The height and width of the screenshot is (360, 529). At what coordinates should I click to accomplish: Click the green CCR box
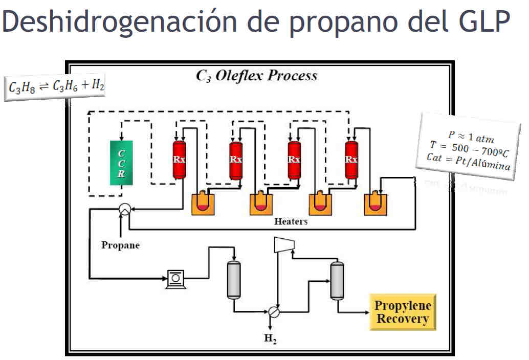pyautogui.click(x=121, y=163)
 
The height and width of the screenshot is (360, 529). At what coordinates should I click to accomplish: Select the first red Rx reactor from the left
pyautogui.click(x=179, y=160)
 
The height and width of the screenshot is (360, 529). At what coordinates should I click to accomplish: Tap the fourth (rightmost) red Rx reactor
pyautogui.click(x=351, y=160)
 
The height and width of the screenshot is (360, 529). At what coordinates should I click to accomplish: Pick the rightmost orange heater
pyautogui.click(x=374, y=204)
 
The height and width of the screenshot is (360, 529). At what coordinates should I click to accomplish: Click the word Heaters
pyautogui.click(x=291, y=221)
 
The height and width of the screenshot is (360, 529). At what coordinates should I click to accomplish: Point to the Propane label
pyautogui.click(x=120, y=245)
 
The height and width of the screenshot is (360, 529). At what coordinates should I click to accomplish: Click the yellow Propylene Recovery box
pyautogui.click(x=403, y=312)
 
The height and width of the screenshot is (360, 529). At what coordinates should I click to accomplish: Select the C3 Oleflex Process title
pyautogui.click(x=257, y=76)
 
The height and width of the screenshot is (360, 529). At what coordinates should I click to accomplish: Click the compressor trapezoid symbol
pyautogui.click(x=284, y=244)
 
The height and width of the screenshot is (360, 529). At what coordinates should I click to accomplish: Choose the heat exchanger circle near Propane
pyautogui.click(x=124, y=209)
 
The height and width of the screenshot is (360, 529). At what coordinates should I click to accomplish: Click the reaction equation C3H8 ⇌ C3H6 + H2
pyautogui.click(x=57, y=87)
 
